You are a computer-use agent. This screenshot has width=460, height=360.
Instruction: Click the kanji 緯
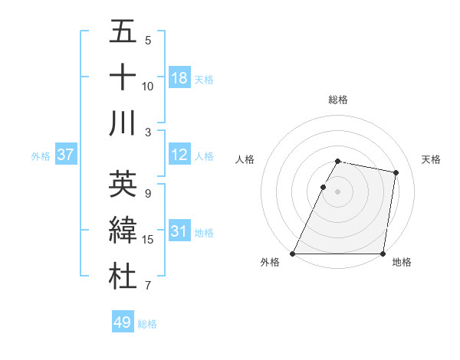click(x=123, y=231)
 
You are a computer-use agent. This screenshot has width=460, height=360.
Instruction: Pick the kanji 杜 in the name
click(x=123, y=277)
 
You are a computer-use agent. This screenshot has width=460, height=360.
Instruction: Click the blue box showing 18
click(x=179, y=78)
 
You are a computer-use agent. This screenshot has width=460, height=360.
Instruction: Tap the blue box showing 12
click(x=179, y=155)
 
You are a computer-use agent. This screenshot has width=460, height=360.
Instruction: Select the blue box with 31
click(x=179, y=232)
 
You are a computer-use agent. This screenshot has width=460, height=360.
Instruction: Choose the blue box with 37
click(x=65, y=155)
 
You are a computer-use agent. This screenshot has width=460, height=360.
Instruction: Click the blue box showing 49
click(x=123, y=323)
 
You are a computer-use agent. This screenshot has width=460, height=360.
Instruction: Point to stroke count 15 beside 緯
click(x=148, y=240)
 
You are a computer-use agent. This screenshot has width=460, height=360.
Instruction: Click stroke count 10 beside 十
click(x=148, y=86)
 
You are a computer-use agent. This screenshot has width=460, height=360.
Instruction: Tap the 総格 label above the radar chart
click(x=338, y=100)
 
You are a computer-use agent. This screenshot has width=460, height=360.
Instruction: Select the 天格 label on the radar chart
click(x=431, y=159)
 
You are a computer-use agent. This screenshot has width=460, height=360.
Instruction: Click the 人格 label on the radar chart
click(x=245, y=159)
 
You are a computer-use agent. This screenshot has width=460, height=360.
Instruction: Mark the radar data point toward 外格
click(x=293, y=254)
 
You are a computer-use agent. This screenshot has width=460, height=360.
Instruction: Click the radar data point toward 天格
click(x=396, y=173)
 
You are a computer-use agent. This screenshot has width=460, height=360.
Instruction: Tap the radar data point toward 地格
click(x=383, y=254)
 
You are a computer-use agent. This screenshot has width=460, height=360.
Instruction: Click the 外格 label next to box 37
click(x=41, y=156)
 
